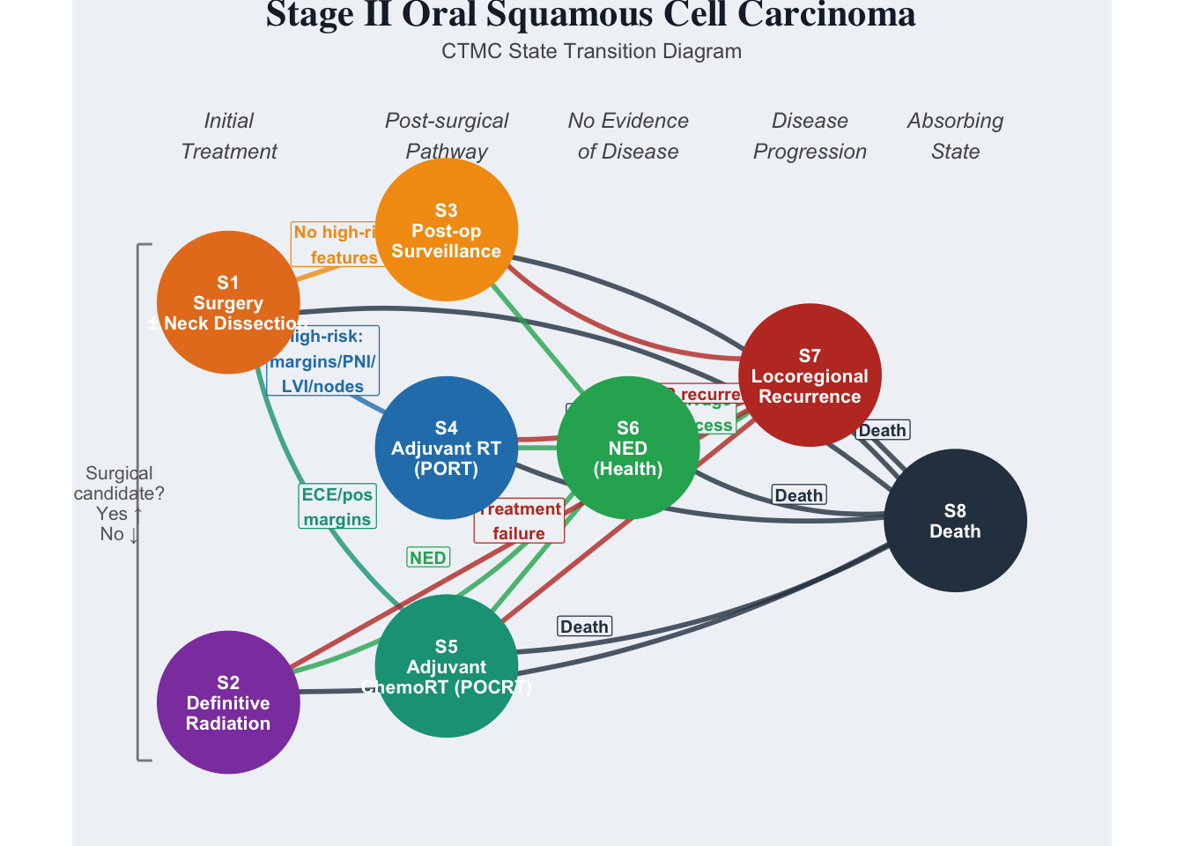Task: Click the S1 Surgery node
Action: [x=228, y=302]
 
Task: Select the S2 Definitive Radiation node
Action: [x=228, y=702]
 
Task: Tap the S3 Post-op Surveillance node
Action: [x=446, y=230]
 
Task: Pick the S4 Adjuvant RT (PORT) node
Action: [x=446, y=448]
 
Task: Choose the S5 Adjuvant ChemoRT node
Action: [x=446, y=666]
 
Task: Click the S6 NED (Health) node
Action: [x=628, y=448]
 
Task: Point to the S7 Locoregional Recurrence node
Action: [x=810, y=375]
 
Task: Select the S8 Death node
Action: [x=955, y=521]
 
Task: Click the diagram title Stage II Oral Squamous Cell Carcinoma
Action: [x=590, y=15]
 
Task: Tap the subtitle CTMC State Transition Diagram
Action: [x=591, y=51]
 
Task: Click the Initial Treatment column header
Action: [x=229, y=136]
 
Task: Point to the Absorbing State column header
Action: [x=955, y=136]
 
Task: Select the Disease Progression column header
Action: [x=810, y=136]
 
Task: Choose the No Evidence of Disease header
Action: [x=628, y=136]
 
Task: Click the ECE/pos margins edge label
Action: [x=337, y=507]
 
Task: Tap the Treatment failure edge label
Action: [x=520, y=521]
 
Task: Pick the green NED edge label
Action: [x=428, y=557]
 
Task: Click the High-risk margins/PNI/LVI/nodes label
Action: [x=323, y=361]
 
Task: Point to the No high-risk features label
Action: [x=335, y=244]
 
